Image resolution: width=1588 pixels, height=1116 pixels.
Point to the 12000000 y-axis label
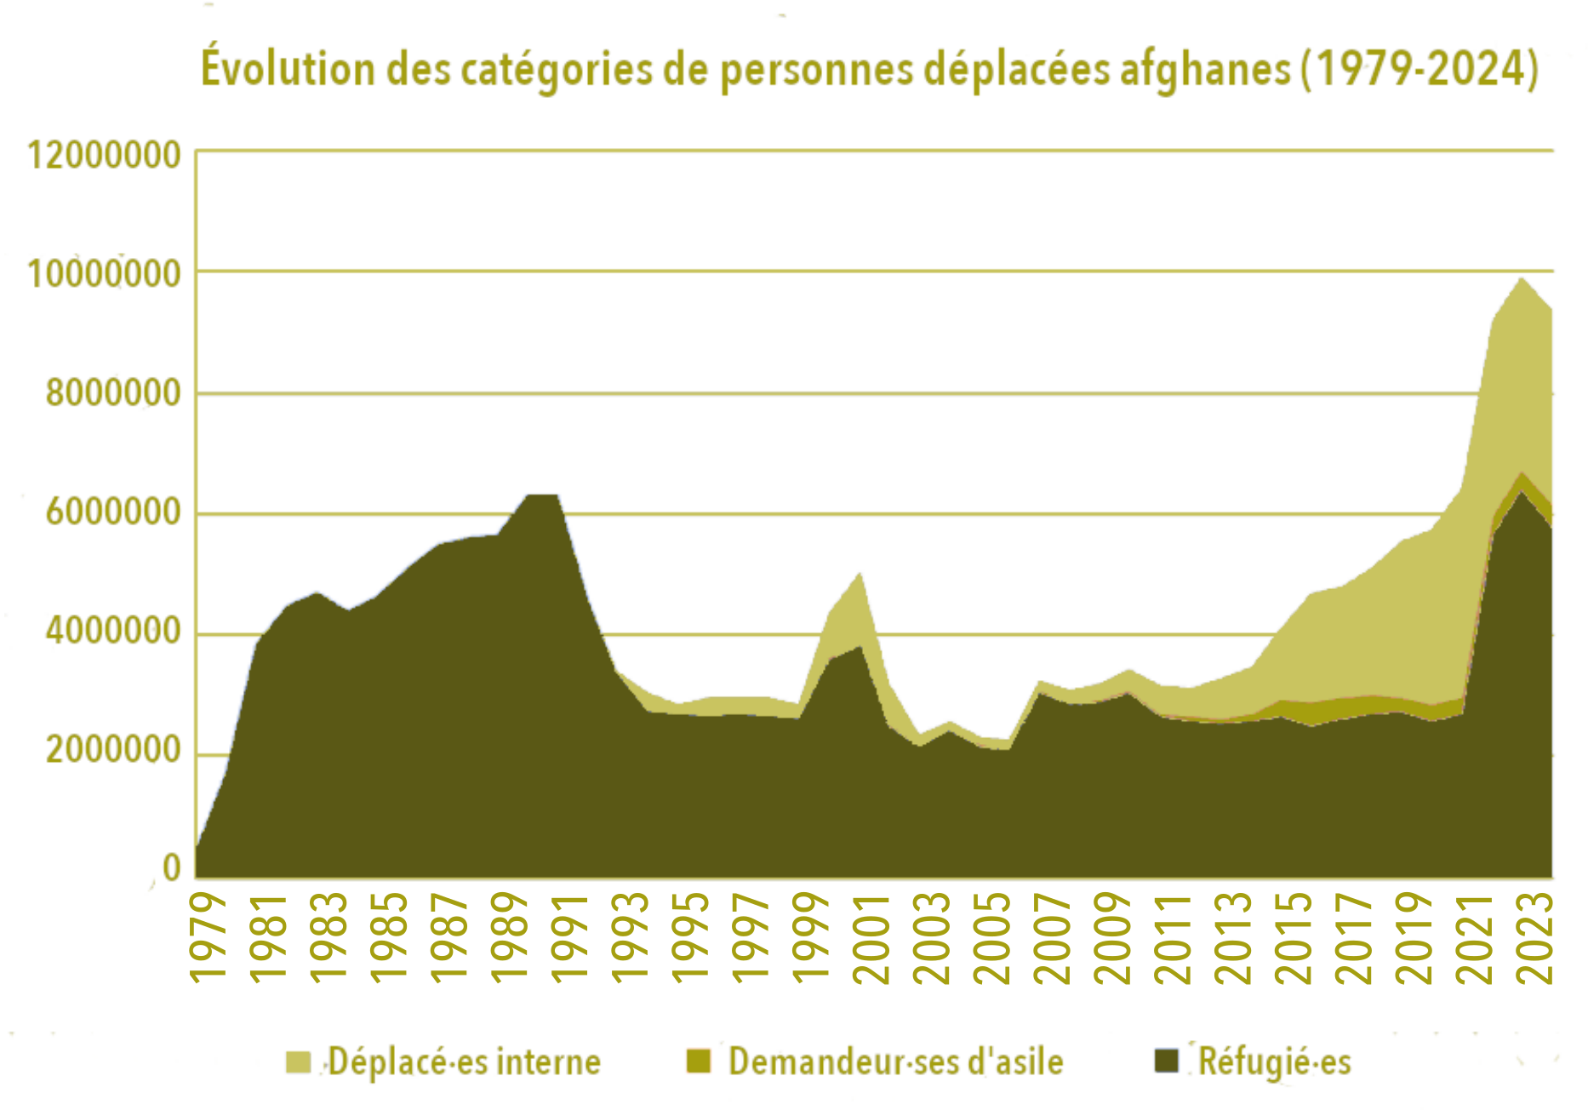(105, 156)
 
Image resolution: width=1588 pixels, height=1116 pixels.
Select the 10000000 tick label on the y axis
(105, 274)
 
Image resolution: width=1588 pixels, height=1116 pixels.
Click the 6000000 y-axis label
(113, 512)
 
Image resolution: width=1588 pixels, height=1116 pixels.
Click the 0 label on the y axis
(172, 867)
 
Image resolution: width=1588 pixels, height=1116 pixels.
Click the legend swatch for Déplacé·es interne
(298, 1062)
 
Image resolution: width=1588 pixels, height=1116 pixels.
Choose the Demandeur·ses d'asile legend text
(895, 1062)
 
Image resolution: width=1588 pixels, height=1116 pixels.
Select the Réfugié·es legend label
(1274, 1062)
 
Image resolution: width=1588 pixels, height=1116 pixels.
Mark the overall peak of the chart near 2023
(1522, 279)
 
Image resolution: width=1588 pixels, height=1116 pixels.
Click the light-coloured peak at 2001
(860, 575)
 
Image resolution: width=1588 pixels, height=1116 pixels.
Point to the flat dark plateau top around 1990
(541, 495)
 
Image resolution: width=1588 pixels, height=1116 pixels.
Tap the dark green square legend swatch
(1166, 1061)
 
